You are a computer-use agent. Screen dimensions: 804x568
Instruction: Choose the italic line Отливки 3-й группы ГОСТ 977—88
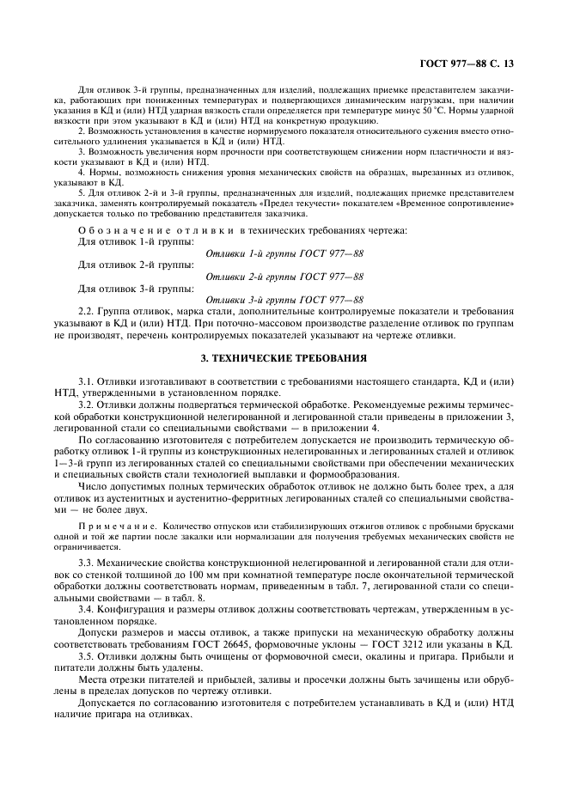point(284,298)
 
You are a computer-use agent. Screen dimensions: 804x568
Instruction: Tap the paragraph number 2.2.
point(87,313)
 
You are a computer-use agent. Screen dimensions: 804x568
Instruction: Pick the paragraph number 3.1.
point(87,381)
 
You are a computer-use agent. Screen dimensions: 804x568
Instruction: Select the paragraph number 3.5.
point(87,656)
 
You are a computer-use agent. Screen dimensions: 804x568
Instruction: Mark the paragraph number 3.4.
point(87,612)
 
